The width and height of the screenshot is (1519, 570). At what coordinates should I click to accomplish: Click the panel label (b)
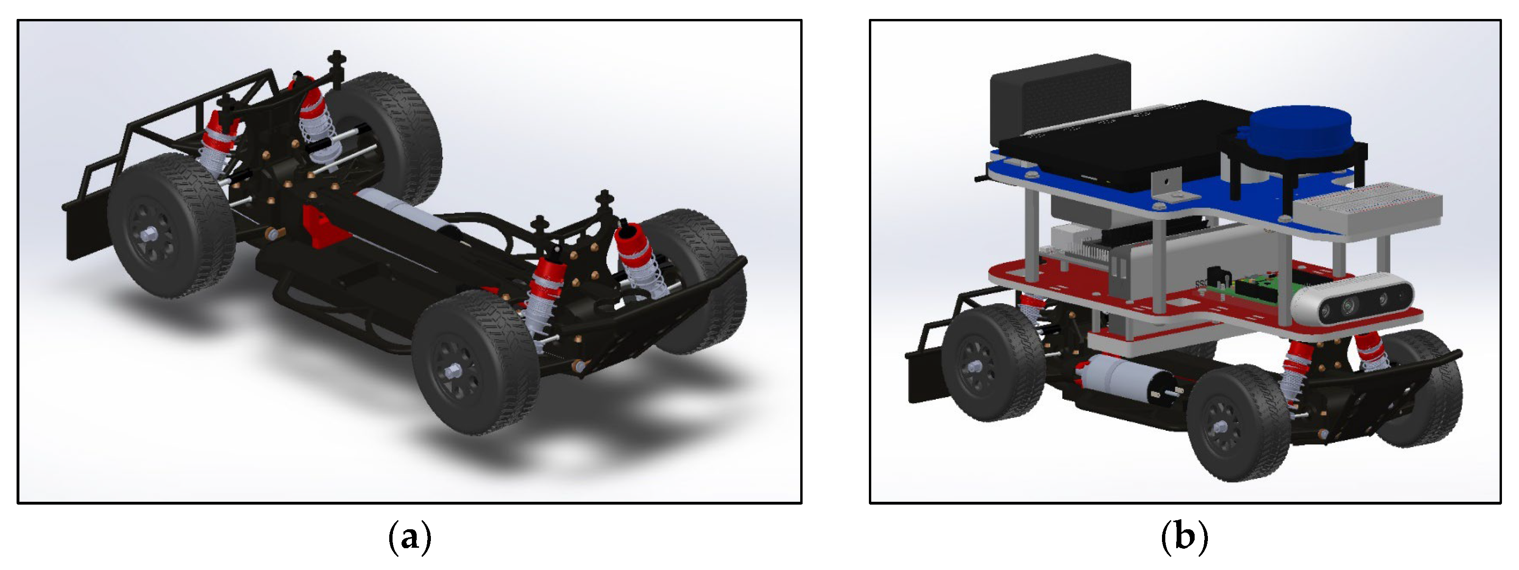coord(1184,538)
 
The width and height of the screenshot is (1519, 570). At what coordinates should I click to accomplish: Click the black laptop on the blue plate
coord(1108,147)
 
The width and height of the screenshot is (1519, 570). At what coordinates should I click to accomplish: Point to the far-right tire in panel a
coord(702,277)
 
